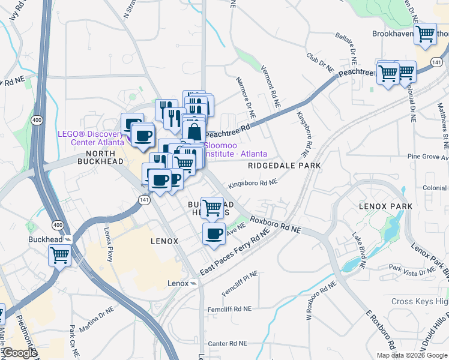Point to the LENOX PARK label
pyautogui.click(x=386, y=206)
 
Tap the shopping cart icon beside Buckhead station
pyautogui.click(x=60, y=255)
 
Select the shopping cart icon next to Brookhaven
pyautogui.click(x=426, y=34)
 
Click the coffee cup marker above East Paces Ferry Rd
pyautogui.click(x=214, y=233)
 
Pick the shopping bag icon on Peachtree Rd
pyautogui.click(x=194, y=130)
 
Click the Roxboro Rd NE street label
pyautogui.click(x=276, y=225)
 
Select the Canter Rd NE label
pyautogui.click(x=228, y=344)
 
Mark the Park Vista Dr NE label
pyautogui.click(x=412, y=271)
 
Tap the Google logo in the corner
pyautogui.click(x=19, y=353)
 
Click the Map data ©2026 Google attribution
pyautogui.click(x=412, y=355)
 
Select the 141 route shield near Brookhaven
pyautogui.click(x=437, y=62)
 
